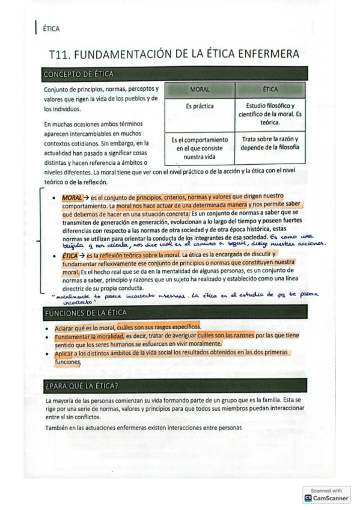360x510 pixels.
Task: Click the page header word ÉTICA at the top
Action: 51,28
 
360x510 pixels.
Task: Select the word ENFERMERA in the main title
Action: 267,55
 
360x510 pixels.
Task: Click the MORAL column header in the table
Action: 199,90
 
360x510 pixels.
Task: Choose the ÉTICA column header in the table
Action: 270,90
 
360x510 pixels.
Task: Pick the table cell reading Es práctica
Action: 199,106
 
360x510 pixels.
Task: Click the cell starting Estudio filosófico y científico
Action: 270,114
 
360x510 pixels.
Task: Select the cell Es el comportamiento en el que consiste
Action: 199,148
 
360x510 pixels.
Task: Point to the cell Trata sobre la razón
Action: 270,143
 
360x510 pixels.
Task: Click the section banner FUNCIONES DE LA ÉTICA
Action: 85,313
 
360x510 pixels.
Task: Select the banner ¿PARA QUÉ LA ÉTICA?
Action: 81,385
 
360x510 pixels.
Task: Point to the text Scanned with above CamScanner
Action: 326,490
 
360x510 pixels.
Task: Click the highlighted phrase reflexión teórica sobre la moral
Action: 135,256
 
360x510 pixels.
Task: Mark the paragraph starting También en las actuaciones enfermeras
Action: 143,428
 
